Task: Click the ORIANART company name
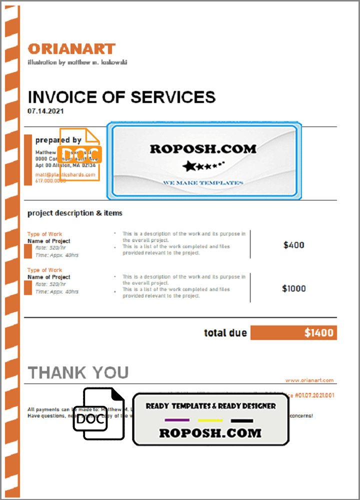tap(71, 48)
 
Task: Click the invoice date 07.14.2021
tap(45, 111)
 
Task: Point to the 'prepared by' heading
tap(58, 140)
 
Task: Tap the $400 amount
tap(293, 245)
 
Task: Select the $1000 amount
tap(293, 288)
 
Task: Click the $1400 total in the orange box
tap(318, 333)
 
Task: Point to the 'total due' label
tap(225, 333)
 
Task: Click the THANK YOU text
tap(78, 372)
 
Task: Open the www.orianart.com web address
tap(309, 380)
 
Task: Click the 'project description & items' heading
tap(74, 213)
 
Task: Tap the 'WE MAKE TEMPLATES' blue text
tap(202, 183)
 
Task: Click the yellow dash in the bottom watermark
tap(210, 420)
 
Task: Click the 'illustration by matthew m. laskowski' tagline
tap(77, 62)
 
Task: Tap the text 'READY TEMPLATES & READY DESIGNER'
tap(210, 406)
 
